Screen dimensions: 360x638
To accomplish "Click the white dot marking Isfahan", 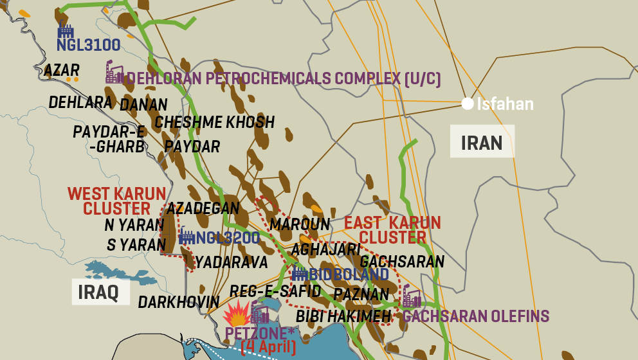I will coord(468,103).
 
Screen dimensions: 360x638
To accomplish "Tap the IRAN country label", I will coord(482,142).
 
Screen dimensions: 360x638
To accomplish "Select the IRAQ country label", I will coord(98,292).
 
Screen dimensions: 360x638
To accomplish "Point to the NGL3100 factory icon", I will coord(66,30).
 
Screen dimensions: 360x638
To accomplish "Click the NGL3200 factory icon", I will coord(187,236).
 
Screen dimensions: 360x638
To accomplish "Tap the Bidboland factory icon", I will coord(299,273).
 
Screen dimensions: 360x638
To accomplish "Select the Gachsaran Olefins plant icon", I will coord(412,298).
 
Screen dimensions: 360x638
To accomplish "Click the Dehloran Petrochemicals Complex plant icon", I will coord(114,73).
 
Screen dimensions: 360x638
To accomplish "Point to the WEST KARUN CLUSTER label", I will coord(117,201).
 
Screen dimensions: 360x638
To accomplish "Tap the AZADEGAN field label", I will coord(203,208).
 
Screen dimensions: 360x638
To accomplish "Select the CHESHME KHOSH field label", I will coord(215,122).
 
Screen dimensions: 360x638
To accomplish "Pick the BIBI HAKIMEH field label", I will coord(343,316).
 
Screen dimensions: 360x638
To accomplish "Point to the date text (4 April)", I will coord(268,348).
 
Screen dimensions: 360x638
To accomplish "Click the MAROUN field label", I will coord(300,224).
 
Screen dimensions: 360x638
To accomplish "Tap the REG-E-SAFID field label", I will coord(275,291).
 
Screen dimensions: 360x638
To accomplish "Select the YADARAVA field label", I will coord(232,262).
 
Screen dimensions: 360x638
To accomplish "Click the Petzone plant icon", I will coord(260,314).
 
